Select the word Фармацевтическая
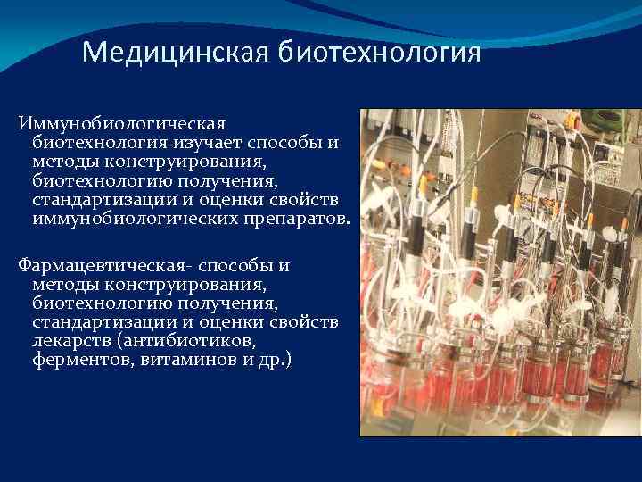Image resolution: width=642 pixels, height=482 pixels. (x=103, y=265)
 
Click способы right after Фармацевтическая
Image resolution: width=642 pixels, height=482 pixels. (x=232, y=265)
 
